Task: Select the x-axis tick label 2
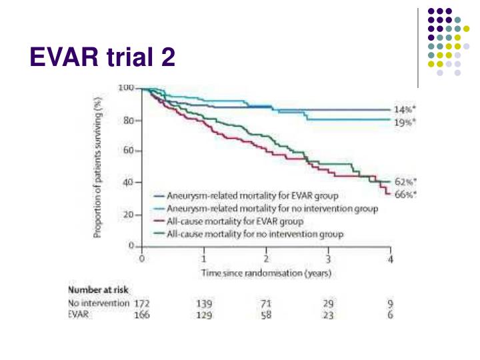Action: tap(267, 258)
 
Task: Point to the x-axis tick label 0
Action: tap(141, 258)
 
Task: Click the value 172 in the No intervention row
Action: tap(141, 303)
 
